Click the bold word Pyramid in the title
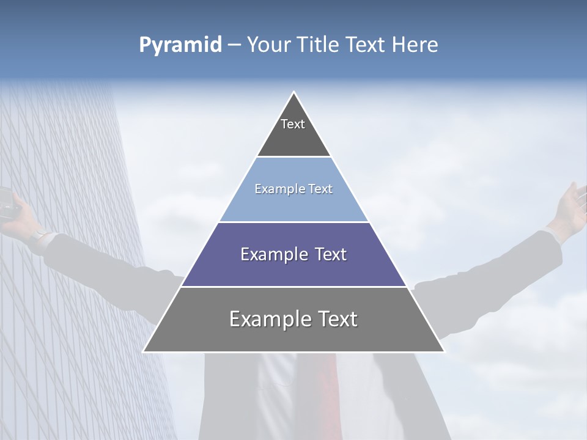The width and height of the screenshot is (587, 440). [x=180, y=45]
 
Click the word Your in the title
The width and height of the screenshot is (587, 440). [x=267, y=45]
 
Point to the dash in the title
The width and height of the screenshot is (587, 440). [x=234, y=45]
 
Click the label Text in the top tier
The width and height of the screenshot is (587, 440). [x=293, y=124]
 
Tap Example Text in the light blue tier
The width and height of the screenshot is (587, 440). [x=293, y=189]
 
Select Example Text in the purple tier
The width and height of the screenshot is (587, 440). [x=293, y=254]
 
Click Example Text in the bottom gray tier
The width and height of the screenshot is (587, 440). [x=293, y=319]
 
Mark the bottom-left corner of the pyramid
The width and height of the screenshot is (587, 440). [x=144, y=351]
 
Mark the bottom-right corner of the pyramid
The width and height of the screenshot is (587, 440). [x=444, y=351]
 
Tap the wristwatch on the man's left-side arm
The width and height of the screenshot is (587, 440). [x=40, y=236]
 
